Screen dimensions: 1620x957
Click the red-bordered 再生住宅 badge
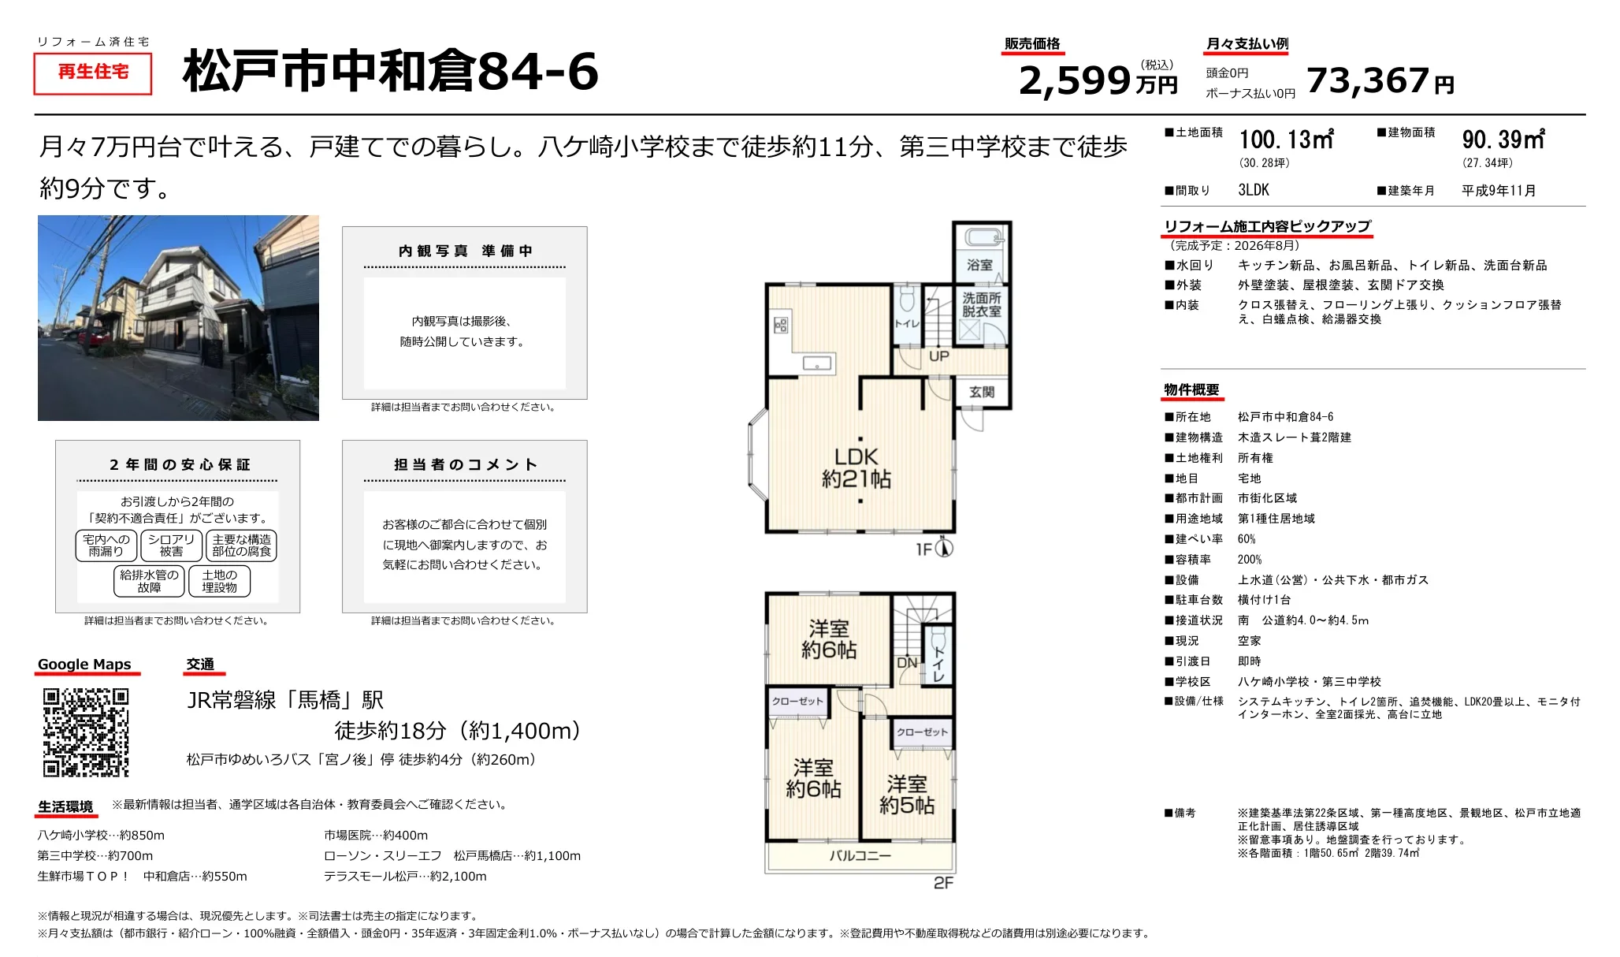tap(93, 73)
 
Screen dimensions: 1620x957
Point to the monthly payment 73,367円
tap(1380, 80)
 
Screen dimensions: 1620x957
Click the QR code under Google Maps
tap(85, 732)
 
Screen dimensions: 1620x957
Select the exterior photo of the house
tap(178, 318)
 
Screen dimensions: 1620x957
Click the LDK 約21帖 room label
tap(856, 467)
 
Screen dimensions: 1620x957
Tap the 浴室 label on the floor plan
tap(979, 266)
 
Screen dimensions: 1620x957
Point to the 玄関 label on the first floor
tap(982, 392)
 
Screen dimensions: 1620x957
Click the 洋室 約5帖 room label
tap(907, 794)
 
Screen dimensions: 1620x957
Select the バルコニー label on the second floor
tap(860, 855)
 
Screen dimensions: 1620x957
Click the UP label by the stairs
tap(938, 356)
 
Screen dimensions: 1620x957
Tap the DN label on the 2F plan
tap(907, 663)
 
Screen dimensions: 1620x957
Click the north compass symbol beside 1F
tap(944, 548)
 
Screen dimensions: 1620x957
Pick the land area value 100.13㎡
tap(1286, 140)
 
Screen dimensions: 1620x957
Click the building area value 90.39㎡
tap(1503, 140)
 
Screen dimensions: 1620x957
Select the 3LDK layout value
tap(1254, 190)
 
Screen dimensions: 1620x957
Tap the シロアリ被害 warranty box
tap(171, 546)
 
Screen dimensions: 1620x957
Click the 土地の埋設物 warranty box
tap(219, 582)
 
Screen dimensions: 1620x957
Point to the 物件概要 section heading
tap(1191, 390)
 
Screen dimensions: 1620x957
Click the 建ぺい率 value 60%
tap(1247, 539)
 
